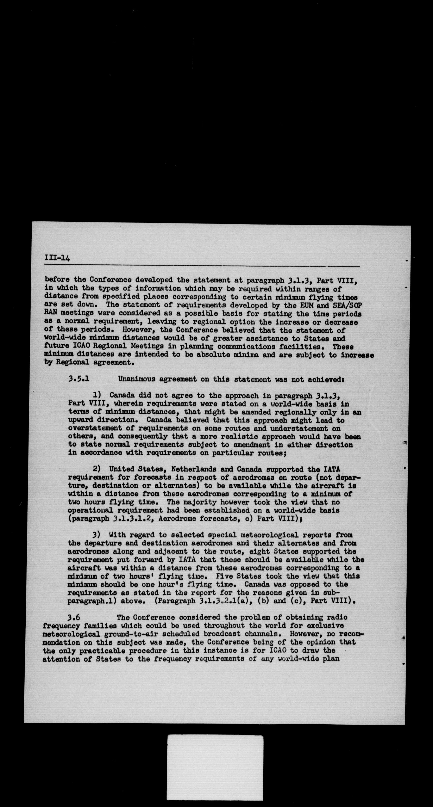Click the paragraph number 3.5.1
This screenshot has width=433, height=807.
tap(79, 379)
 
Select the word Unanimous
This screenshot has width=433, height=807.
tap(137, 379)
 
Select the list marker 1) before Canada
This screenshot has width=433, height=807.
tap(97, 395)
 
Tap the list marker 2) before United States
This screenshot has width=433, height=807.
tap(97, 469)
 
